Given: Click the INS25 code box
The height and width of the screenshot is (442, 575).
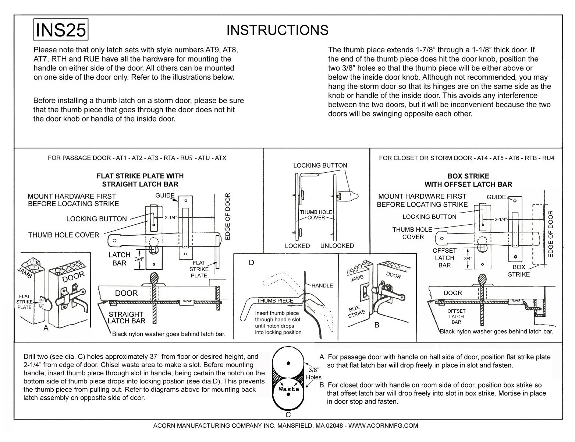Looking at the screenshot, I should click(x=61, y=29).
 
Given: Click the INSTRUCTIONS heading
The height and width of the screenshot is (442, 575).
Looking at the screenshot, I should click(x=277, y=30).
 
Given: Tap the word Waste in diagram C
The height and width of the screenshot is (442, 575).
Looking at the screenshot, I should click(x=287, y=389).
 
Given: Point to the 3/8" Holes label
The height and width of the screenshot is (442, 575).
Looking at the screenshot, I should click(x=313, y=373).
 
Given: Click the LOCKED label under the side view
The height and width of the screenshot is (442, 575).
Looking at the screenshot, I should click(x=297, y=246).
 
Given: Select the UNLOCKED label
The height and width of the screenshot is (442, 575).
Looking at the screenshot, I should click(x=337, y=246).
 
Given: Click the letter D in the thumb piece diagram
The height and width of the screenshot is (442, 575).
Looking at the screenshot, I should click(x=252, y=263).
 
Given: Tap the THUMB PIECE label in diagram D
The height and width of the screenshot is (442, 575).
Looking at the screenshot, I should click(x=275, y=301).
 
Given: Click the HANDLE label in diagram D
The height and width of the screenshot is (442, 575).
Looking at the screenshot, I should click(x=322, y=285).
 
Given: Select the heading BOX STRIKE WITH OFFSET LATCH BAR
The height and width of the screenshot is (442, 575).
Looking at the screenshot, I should click(x=468, y=180).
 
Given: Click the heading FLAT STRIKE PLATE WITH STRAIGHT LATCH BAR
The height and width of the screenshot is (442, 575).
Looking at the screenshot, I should click(x=140, y=180).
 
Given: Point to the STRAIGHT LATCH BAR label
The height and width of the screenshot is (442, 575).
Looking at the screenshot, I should click(x=126, y=318).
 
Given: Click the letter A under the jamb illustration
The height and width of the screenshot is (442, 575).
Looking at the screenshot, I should click(x=46, y=328).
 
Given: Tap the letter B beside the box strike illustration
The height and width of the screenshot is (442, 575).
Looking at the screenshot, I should click(x=377, y=325).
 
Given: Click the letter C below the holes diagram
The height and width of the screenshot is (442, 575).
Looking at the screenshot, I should click(x=288, y=415).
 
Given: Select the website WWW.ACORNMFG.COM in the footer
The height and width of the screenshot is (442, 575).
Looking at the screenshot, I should click(x=383, y=425).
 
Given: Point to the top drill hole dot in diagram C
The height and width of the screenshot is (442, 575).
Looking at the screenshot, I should click(x=288, y=363).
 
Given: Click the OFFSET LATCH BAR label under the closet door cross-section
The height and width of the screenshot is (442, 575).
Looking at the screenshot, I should click(x=456, y=316).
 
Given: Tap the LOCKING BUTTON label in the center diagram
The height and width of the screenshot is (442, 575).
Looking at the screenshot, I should click(x=320, y=165).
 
